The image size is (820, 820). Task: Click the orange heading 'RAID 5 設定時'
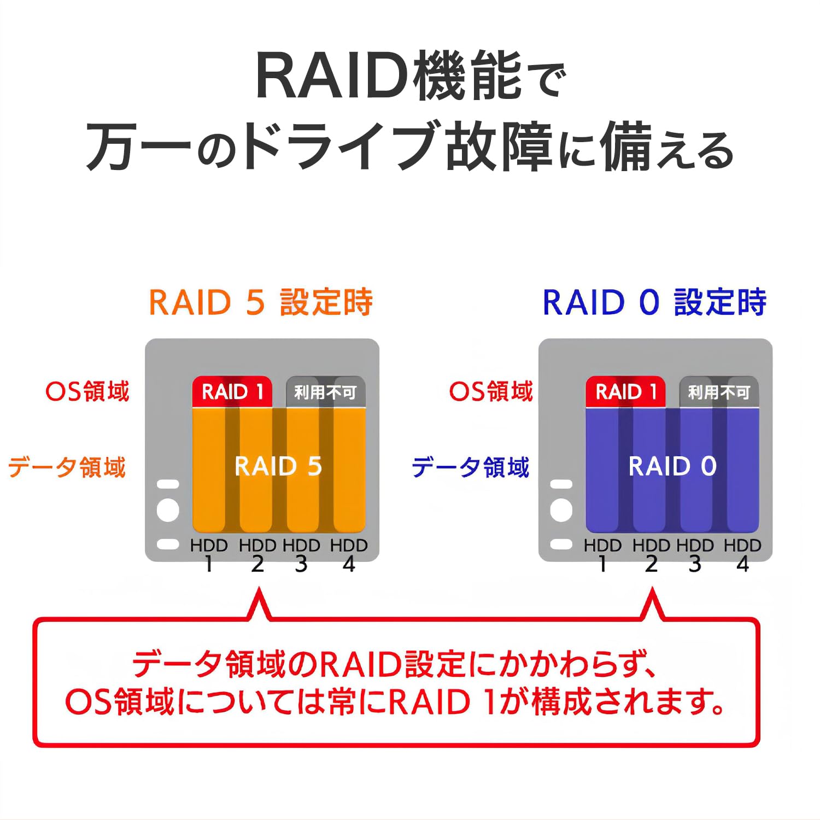click(x=261, y=302)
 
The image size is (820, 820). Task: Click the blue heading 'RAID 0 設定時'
click(x=654, y=302)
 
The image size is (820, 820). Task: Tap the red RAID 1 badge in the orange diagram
click(x=232, y=391)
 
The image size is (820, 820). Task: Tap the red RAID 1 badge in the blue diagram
click(x=626, y=391)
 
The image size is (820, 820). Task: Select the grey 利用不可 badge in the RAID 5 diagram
click(x=325, y=392)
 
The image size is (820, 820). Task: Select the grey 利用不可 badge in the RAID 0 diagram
click(x=719, y=392)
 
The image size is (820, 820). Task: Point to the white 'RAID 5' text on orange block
click(x=278, y=466)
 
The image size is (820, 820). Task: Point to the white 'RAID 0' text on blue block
click(x=672, y=466)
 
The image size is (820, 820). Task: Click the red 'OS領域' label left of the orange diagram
click(x=87, y=391)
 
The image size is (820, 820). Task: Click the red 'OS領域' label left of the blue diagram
click(x=490, y=391)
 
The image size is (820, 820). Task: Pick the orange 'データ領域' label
click(x=67, y=467)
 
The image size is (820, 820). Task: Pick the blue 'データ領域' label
click(x=470, y=467)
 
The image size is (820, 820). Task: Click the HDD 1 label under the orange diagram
click(x=209, y=554)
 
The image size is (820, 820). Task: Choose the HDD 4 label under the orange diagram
click(x=349, y=554)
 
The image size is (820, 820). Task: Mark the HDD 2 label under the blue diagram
click(x=651, y=554)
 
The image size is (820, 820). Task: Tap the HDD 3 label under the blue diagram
click(x=695, y=554)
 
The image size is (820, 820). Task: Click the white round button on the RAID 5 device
click(x=168, y=510)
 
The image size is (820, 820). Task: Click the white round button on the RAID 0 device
click(x=561, y=510)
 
